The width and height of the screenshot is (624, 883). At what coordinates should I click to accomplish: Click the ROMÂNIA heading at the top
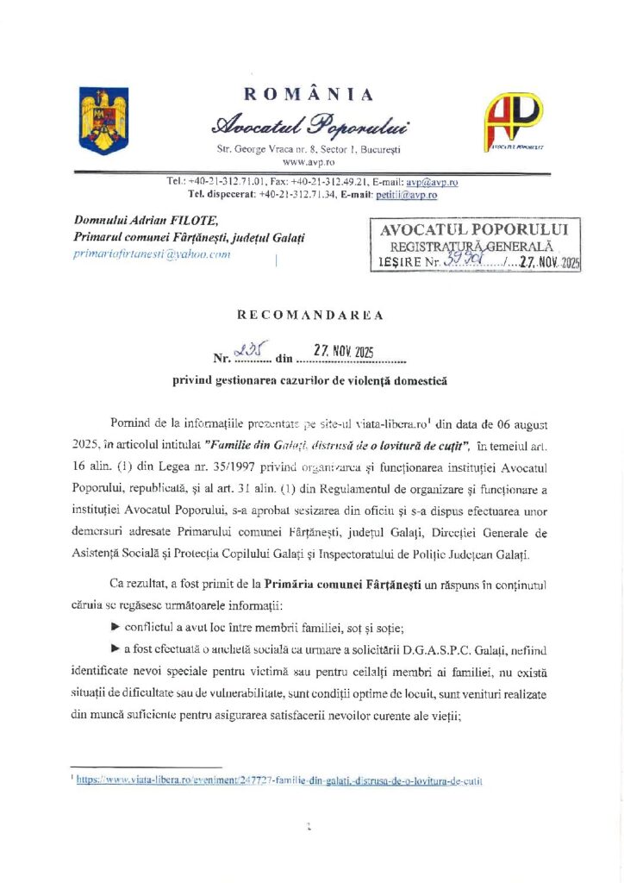click(x=309, y=94)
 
